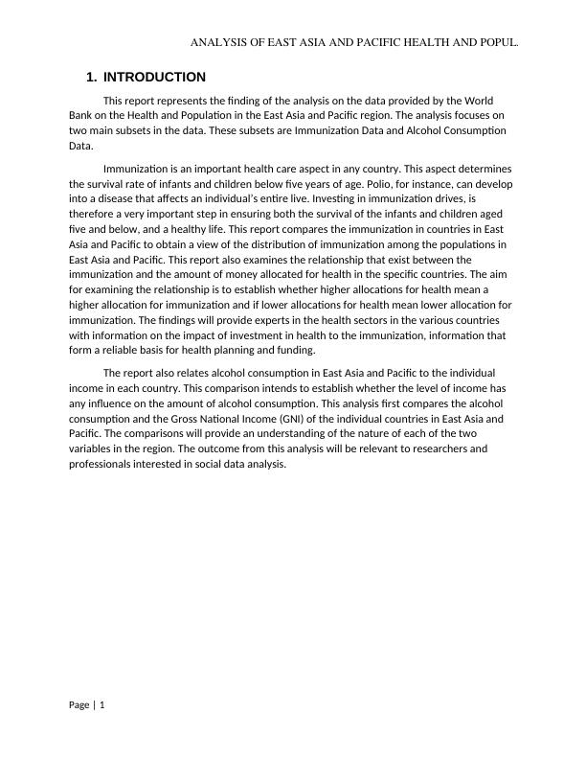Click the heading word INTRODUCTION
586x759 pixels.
153,77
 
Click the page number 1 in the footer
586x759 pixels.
102,705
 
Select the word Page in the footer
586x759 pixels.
79,705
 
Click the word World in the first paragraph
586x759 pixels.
477,100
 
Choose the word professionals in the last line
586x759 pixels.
101,463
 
